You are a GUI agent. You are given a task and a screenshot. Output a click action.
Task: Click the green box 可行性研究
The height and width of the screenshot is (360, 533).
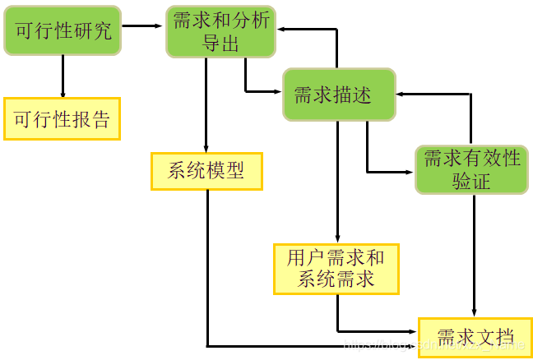tap(63, 32)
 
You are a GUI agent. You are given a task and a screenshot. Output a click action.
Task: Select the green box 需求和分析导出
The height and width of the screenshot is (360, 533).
tap(220, 32)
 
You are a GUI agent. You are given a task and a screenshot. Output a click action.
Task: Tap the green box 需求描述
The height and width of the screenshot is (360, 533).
tap(339, 95)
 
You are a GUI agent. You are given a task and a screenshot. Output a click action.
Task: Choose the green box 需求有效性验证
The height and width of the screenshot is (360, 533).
tap(470, 169)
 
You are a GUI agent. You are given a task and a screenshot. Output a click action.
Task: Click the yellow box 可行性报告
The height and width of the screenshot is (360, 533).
tap(62, 119)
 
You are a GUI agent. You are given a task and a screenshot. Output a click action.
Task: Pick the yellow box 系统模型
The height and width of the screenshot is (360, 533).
tap(206, 171)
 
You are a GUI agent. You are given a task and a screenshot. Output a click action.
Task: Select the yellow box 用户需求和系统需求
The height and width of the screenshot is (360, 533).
tap(336, 268)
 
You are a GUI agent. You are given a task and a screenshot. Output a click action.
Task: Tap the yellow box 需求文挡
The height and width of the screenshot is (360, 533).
tap(475, 337)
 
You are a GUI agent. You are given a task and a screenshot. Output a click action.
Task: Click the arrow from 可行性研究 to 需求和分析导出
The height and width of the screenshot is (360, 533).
tap(143, 26)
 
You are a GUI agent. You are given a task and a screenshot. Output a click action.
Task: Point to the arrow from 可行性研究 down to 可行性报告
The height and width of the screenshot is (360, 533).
tap(63, 76)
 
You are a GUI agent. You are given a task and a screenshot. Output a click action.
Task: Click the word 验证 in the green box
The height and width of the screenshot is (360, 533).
tap(470, 181)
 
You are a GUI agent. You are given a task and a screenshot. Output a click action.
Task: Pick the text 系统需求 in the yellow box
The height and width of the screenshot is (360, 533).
tap(336, 279)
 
